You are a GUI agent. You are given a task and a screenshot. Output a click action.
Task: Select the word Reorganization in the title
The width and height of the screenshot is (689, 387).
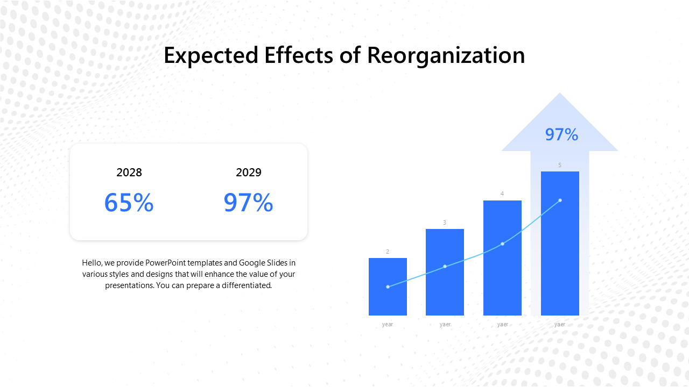446,56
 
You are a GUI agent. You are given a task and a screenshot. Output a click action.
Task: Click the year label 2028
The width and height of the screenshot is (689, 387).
129,173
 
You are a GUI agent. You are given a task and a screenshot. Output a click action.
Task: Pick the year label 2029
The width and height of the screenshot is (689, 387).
249,173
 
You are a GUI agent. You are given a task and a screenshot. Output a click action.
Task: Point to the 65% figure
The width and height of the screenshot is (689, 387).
129,203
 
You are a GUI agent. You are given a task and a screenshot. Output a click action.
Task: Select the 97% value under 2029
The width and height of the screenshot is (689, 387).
249,203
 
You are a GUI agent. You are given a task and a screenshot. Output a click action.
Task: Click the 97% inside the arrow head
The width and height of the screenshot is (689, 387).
561,134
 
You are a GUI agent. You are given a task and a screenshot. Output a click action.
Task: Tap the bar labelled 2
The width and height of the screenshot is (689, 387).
388,301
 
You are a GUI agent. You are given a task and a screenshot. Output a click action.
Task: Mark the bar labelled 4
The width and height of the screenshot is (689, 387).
502,279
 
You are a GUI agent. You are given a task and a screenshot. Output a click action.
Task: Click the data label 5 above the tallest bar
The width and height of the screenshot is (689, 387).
560,165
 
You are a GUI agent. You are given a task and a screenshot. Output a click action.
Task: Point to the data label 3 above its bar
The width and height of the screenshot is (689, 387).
445,223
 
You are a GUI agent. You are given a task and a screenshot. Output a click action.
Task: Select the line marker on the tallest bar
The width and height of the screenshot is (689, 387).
560,200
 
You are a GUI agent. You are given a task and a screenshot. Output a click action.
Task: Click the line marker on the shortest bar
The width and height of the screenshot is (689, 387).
388,286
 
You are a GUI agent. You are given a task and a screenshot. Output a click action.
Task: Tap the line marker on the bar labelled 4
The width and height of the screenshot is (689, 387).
502,244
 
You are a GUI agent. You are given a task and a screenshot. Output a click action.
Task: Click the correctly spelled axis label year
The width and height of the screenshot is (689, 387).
388,324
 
